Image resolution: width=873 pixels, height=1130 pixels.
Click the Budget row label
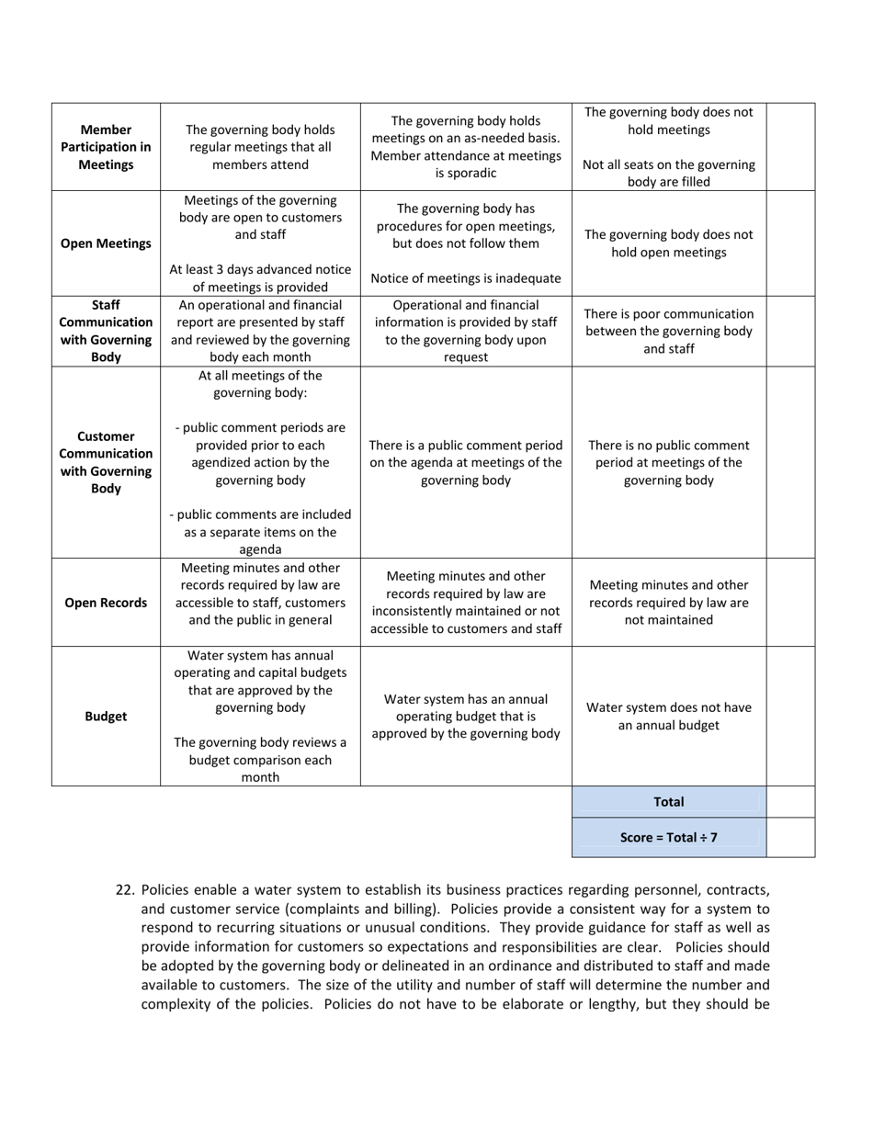(106, 717)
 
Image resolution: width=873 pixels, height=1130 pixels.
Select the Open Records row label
(106, 603)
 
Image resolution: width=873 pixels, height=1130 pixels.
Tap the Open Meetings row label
(106, 243)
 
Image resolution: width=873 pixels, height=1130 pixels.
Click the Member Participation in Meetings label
(106, 147)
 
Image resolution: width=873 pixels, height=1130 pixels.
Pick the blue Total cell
(668, 802)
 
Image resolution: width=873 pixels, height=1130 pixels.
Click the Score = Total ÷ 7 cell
(668, 838)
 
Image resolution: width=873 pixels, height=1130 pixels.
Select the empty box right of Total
(790, 802)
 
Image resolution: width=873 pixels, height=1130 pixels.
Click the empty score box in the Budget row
(790, 717)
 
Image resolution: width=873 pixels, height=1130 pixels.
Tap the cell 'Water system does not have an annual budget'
(668, 717)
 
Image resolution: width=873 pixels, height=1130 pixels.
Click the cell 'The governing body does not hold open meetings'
(668, 243)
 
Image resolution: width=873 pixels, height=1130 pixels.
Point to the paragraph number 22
(126, 890)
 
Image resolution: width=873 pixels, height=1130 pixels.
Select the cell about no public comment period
(668, 462)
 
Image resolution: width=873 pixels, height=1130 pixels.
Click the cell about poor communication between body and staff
(668, 331)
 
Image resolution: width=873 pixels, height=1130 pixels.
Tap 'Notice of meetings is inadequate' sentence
(466, 278)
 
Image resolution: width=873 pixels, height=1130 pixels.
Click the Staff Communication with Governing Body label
(106, 331)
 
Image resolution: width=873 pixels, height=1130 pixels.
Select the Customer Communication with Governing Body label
(106, 462)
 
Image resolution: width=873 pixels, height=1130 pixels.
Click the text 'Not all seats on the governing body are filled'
(668, 173)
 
